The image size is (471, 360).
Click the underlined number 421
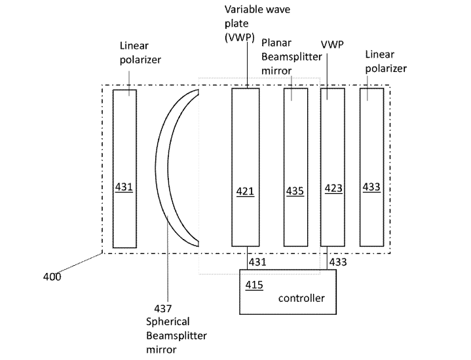coord(245,191)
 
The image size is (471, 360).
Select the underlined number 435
coord(295,191)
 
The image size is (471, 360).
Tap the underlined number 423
coord(333,189)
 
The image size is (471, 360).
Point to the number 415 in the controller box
coord(254,285)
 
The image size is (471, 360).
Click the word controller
coord(301,298)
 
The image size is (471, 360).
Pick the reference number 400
coord(52,276)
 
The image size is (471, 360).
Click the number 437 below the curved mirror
coord(163,308)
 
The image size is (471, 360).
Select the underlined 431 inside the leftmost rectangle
coord(124,187)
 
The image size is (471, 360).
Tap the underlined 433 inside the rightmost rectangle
coord(371,187)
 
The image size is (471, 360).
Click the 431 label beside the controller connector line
coord(257,262)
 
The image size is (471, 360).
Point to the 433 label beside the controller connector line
coord(338,262)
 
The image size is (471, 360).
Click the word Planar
coord(276,43)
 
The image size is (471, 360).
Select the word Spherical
coord(168,322)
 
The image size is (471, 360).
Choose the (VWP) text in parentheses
coord(240,37)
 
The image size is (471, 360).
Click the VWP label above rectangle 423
coord(332,45)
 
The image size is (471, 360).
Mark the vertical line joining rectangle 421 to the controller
coord(247,258)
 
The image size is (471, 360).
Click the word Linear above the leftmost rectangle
coord(134,46)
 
